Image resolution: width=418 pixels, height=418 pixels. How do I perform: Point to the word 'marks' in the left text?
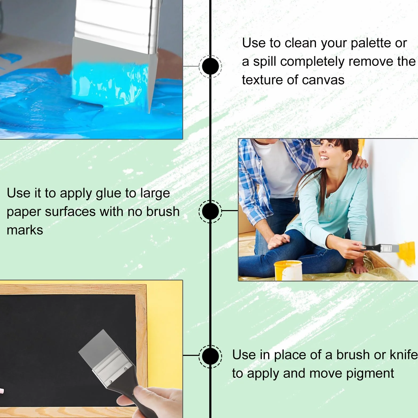25,230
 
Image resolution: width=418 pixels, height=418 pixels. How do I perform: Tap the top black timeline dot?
210,66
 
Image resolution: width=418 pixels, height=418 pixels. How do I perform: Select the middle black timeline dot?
210,211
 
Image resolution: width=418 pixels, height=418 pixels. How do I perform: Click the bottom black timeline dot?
210,356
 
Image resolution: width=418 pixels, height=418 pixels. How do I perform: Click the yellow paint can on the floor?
288,270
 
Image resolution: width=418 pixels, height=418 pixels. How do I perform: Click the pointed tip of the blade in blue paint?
148,112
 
